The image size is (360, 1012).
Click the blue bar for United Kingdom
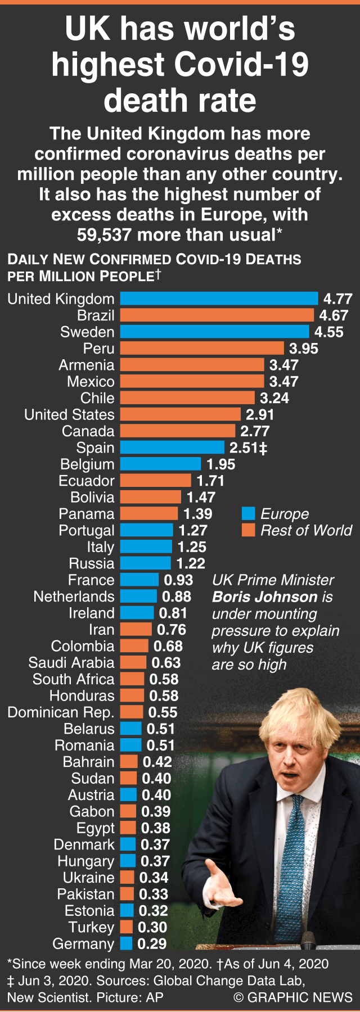click(x=219, y=299)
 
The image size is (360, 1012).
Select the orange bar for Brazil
click(x=217, y=315)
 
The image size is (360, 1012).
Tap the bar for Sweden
click(x=214, y=332)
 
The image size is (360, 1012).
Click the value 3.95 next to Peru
click(x=304, y=349)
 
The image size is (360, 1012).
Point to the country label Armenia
click(x=87, y=365)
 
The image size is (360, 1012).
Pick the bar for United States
click(x=180, y=414)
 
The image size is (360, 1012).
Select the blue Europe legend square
click(x=248, y=513)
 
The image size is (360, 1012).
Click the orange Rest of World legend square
click(x=248, y=530)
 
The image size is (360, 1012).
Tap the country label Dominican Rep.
click(x=61, y=712)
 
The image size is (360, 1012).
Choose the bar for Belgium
click(x=160, y=464)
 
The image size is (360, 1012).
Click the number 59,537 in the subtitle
click(x=105, y=234)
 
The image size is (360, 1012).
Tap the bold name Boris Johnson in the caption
click(x=265, y=597)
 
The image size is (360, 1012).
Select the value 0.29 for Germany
click(x=152, y=944)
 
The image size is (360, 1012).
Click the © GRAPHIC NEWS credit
click(x=293, y=997)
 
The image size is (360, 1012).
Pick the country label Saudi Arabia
click(x=71, y=663)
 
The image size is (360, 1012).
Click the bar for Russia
click(x=145, y=563)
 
